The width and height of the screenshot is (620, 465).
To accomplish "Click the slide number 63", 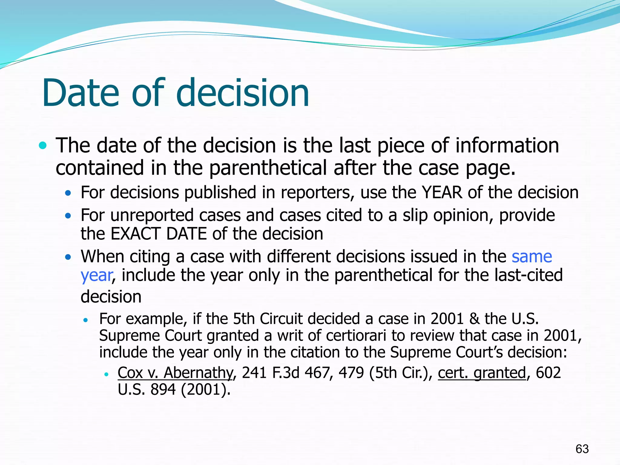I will pyautogui.click(x=582, y=449).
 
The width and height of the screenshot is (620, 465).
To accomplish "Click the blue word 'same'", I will pyautogui.click(x=532, y=257).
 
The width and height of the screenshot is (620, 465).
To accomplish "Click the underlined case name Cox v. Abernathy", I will pyautogui.click(x=175, y=373).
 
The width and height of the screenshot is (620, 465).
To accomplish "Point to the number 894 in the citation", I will pyautogui.click(x=163, y=390).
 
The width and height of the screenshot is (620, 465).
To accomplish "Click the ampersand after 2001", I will pyautogui.click(x=474, y=319).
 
